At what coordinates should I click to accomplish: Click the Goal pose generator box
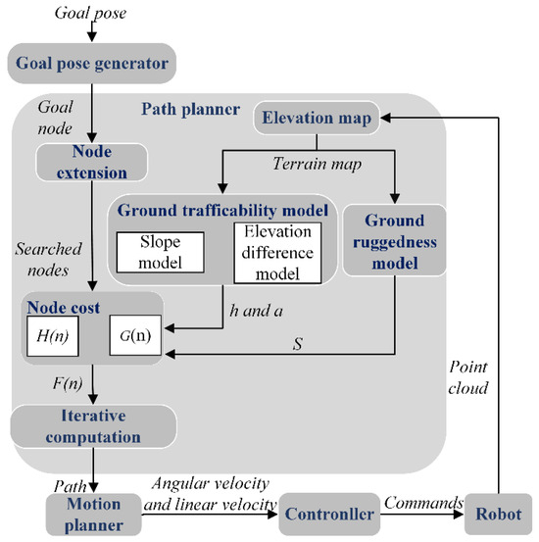[x=91, y=65]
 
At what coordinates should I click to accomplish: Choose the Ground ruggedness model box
[x=395, y=240]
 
